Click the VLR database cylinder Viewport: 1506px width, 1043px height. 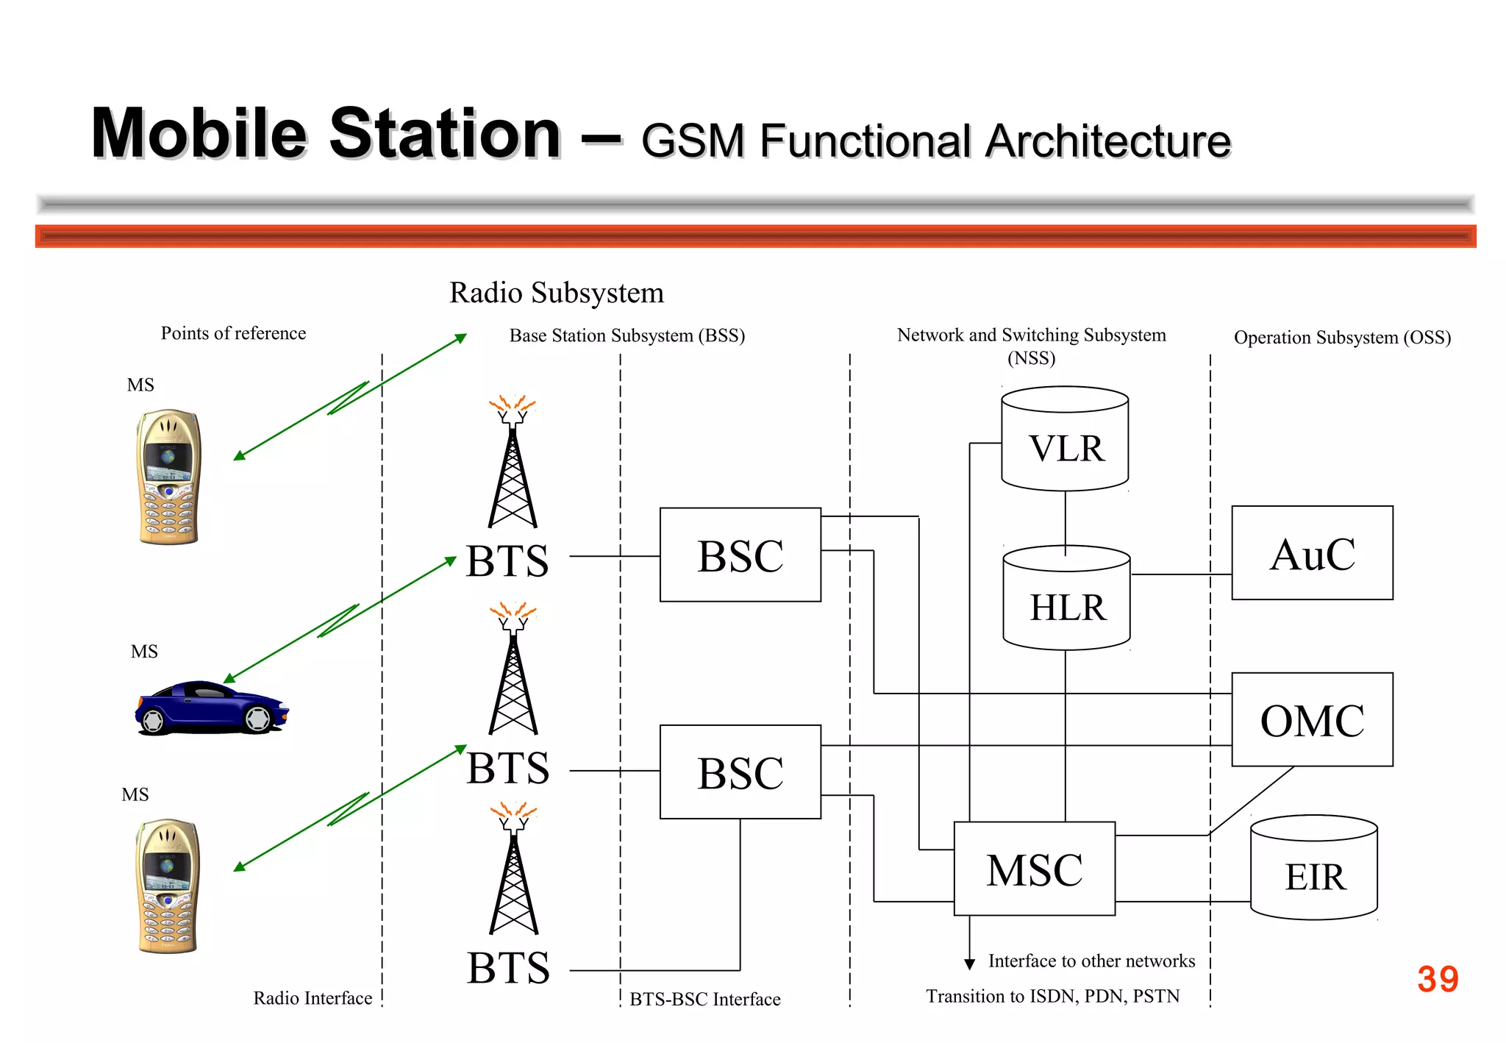[x=1065, y=440]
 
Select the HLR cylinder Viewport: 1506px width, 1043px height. [x=1066, y=599]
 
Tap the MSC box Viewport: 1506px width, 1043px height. [x=1034, y=869]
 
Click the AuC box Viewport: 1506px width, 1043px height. [x=1312, y=553]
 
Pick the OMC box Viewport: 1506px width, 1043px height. [x=1312, y=719]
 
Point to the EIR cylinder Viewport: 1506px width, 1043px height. [x=1313, y=869]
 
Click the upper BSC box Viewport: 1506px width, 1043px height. [x=740, y=555]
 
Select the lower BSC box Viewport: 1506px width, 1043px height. [x=740, y=772]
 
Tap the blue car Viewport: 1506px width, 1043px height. [x=212, y=708]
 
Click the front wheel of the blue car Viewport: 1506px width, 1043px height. [x=258, y=719]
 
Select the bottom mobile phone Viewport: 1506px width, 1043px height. [x=168, y=886]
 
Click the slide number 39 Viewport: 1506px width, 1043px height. [x=1438, y=979]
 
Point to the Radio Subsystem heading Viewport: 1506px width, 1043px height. [x=557, y=293]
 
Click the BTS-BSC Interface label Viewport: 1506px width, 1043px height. [x=704, y=999]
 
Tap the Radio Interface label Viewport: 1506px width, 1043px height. [x=313, y=998]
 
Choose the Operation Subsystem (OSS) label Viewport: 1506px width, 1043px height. [x=1342, y=338]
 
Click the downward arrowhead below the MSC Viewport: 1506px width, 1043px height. [x=969, y=964]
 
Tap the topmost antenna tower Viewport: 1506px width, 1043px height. [x=513, y=463]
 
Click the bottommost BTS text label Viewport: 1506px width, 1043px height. [x=508, y=968]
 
